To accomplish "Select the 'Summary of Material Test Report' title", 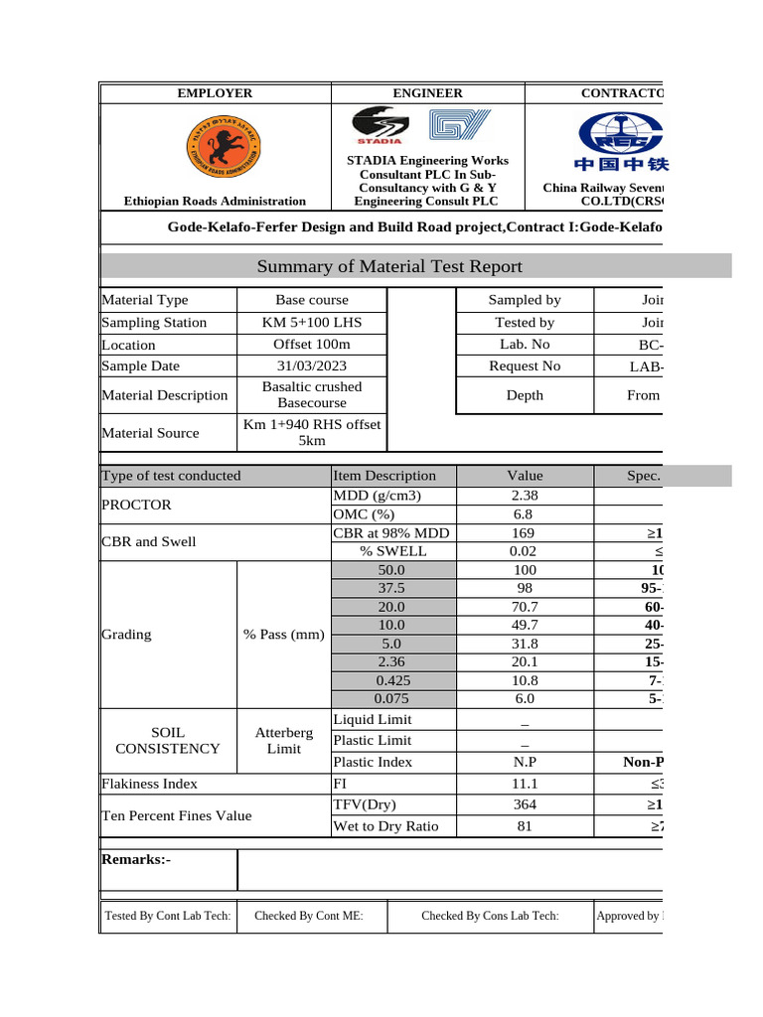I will tap(389, 266).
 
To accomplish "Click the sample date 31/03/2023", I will tap(312, 365).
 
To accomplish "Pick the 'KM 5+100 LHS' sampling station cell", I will tap(312, 322).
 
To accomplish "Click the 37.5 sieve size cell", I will tap(391, 589).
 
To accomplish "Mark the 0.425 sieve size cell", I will tap(391, 681).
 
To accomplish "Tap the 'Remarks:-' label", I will tap(137, 859).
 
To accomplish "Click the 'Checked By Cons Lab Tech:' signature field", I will tap(490, 916).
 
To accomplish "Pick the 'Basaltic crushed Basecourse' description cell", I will tap(312, 394).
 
